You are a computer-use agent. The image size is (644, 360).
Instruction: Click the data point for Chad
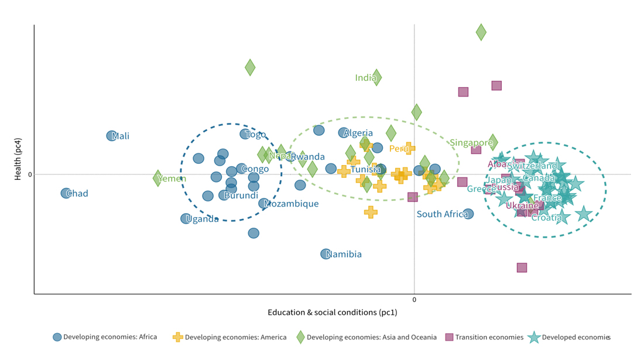pos(66,193)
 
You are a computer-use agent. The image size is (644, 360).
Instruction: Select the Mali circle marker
pos(111,136)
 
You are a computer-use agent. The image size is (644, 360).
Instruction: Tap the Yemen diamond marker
pos(157,178)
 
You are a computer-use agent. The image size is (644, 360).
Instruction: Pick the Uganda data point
pos(186,219)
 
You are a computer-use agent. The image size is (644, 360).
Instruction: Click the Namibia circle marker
pos(326,254)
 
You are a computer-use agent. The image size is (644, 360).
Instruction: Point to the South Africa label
pos(442,214)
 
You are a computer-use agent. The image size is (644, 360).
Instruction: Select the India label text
pos(365,78)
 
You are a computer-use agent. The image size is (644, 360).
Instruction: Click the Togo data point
pos(245,134)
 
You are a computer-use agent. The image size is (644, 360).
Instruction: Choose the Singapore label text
pos(471,143)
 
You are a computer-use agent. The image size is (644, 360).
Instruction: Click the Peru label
pos(399,149)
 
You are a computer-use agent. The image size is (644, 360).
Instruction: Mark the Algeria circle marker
pos(343,133)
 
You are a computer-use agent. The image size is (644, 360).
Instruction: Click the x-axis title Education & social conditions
pos(332,313)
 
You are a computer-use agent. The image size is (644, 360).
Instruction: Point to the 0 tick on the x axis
pos(415,300)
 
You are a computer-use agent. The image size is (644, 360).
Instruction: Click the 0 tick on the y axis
pos(30,174)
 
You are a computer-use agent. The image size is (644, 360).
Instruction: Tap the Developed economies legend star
pos(533,337)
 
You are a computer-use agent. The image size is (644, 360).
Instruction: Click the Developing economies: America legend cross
pos(177,337)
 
